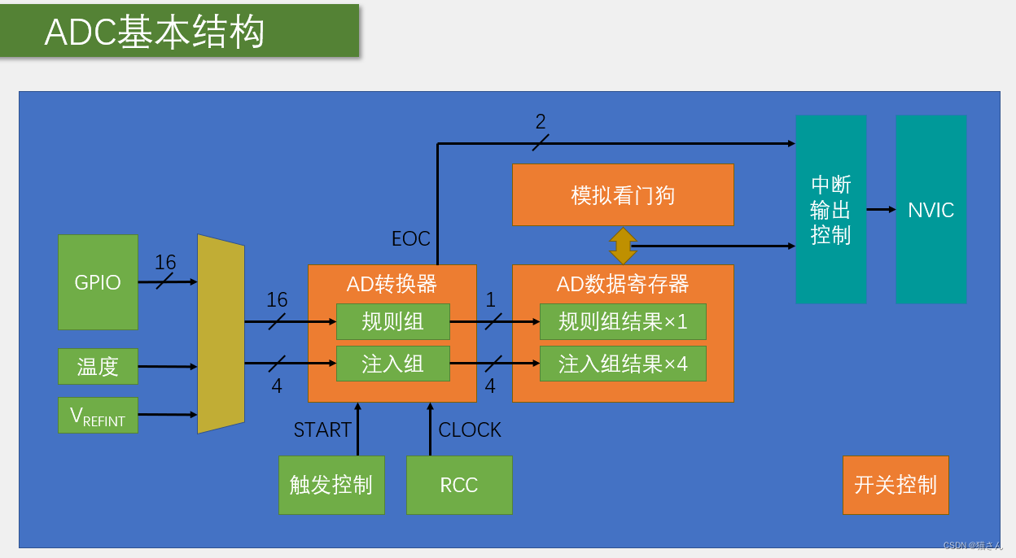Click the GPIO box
(x=98, y=282)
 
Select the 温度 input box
(x=98, y=366)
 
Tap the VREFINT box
(x=98, y=416)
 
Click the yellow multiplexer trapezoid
(x=221, y=334)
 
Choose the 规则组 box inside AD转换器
(x=392, y=321)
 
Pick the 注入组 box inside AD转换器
(x=392, y=364)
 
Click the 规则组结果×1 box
(x=623, y=321)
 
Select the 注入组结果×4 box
(x=623, y=364)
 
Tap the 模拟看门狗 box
(x=623, y=195)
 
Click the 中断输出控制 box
(x=830, y=209)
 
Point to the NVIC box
(x=931, y=209)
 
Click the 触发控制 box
(x=331, y=485)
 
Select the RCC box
(x=459, y=485)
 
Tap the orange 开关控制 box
(x=896, y=485)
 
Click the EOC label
(x=411, y=239)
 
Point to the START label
(x=322, y=429)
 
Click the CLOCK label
(x=470, y=429)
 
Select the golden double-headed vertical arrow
(x=623, y=246)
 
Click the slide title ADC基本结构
(x=155, y=33)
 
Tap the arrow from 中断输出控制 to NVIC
(x=881, y=209)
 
